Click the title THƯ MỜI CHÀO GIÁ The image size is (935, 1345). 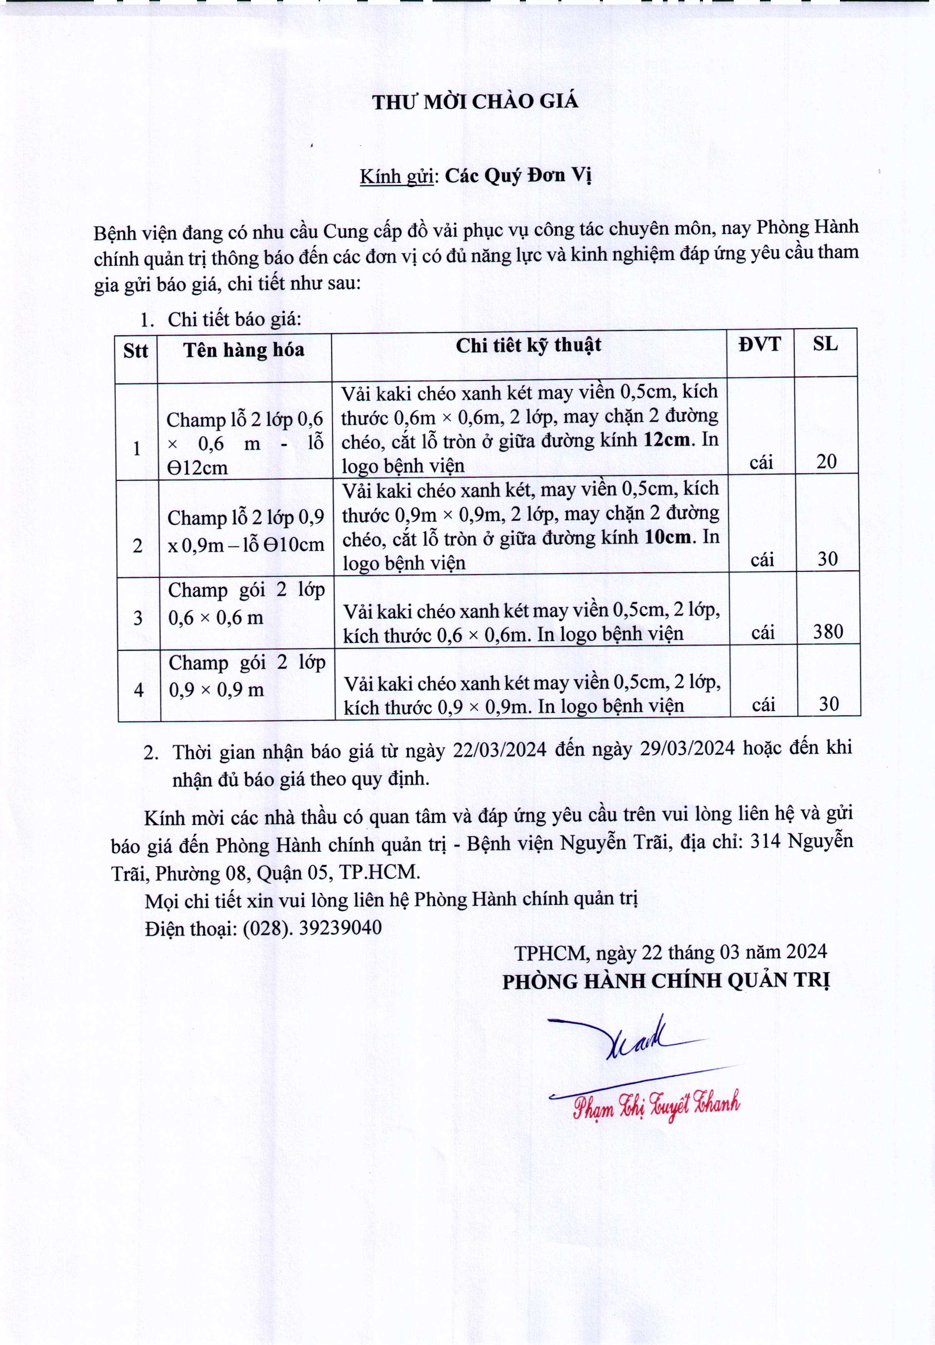[x=475, y=102]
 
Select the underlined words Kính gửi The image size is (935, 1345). [x=396, y=176]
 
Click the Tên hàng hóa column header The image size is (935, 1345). [x=244, y=350]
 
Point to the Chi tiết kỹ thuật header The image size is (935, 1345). [x=528, y=345]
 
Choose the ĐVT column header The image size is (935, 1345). [x=760, y=344]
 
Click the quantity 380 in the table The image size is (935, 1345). [x=828, y=631]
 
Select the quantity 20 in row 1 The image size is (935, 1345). [x=826, y=462]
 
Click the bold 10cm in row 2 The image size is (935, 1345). [x=667, y=537]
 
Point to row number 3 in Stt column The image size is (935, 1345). [x=138, y=617]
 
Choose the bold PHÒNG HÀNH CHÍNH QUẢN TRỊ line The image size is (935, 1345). [x=666, y=982]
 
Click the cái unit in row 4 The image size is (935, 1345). [x=763, y=705]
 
